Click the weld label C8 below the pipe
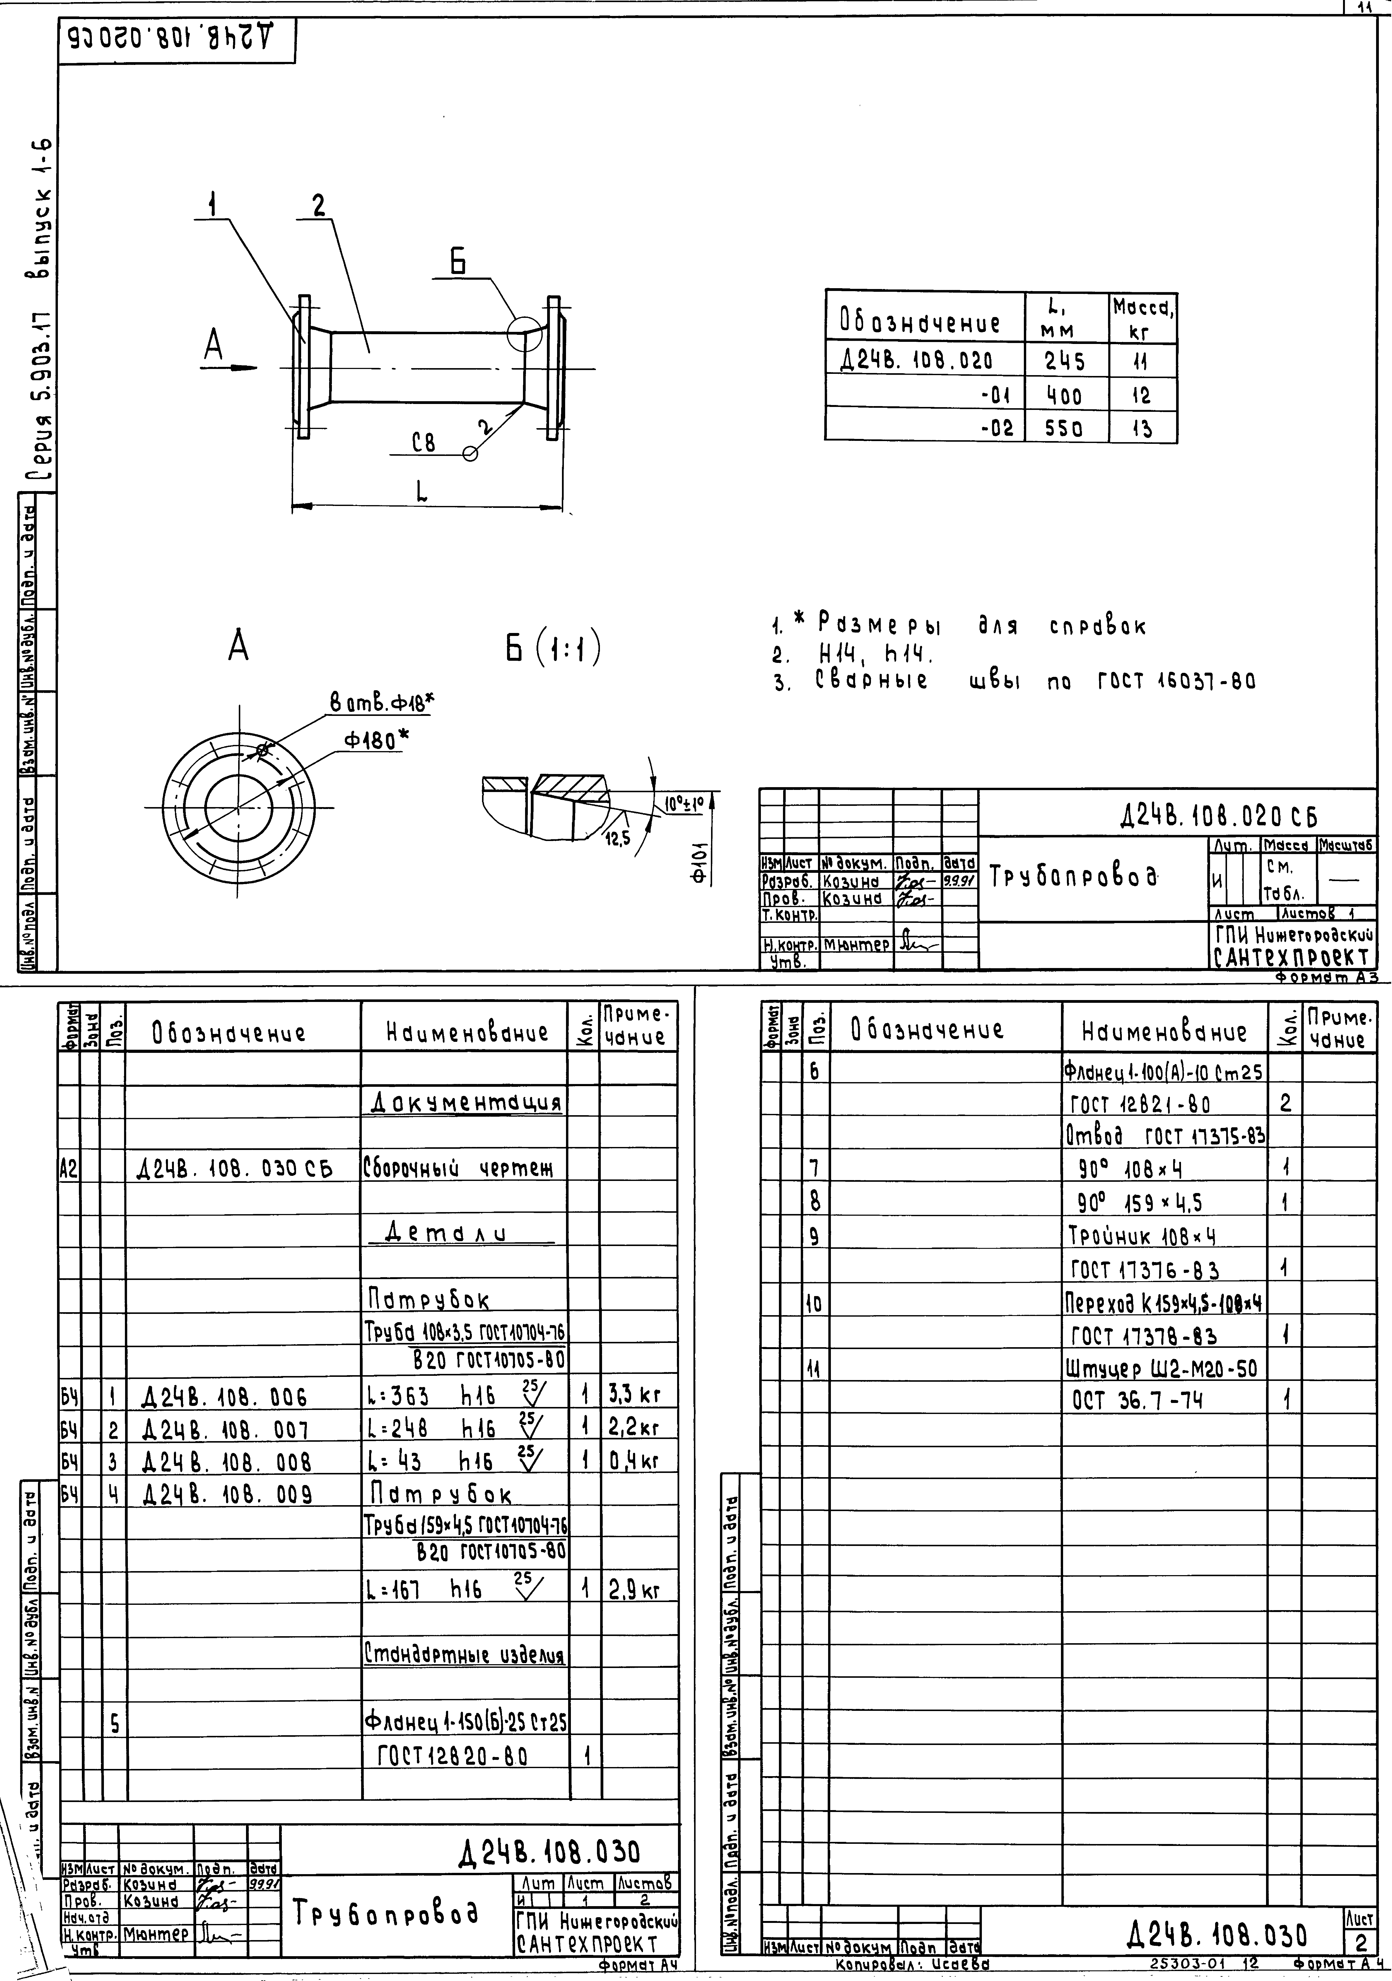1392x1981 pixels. coord(423,443)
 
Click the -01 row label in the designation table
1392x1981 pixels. coord(996,396)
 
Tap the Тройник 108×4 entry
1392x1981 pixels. coord(1142,1236)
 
